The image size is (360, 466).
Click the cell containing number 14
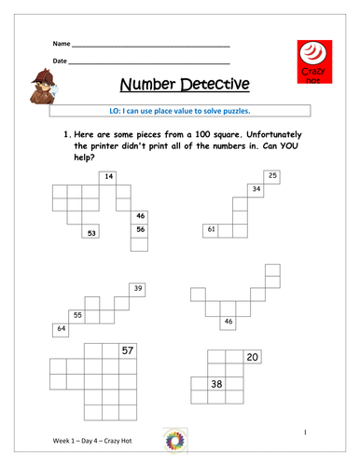coord(109,176)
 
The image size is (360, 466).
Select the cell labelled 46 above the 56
coord(140,215)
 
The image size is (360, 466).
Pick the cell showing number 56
coord(140,229)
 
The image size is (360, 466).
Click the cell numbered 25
coord(272,175)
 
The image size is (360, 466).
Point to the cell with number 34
coord(256,189)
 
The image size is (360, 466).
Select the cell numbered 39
coord(138,290)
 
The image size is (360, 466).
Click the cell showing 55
coord(78,316)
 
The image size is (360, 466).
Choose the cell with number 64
coord(62,329)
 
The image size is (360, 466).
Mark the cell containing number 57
coord(128,350)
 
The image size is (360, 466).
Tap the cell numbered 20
coord(252,357)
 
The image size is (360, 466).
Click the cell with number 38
coord(215,383)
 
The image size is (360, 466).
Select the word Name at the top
coord(61,45)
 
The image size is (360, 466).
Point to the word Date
coord(60,62)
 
